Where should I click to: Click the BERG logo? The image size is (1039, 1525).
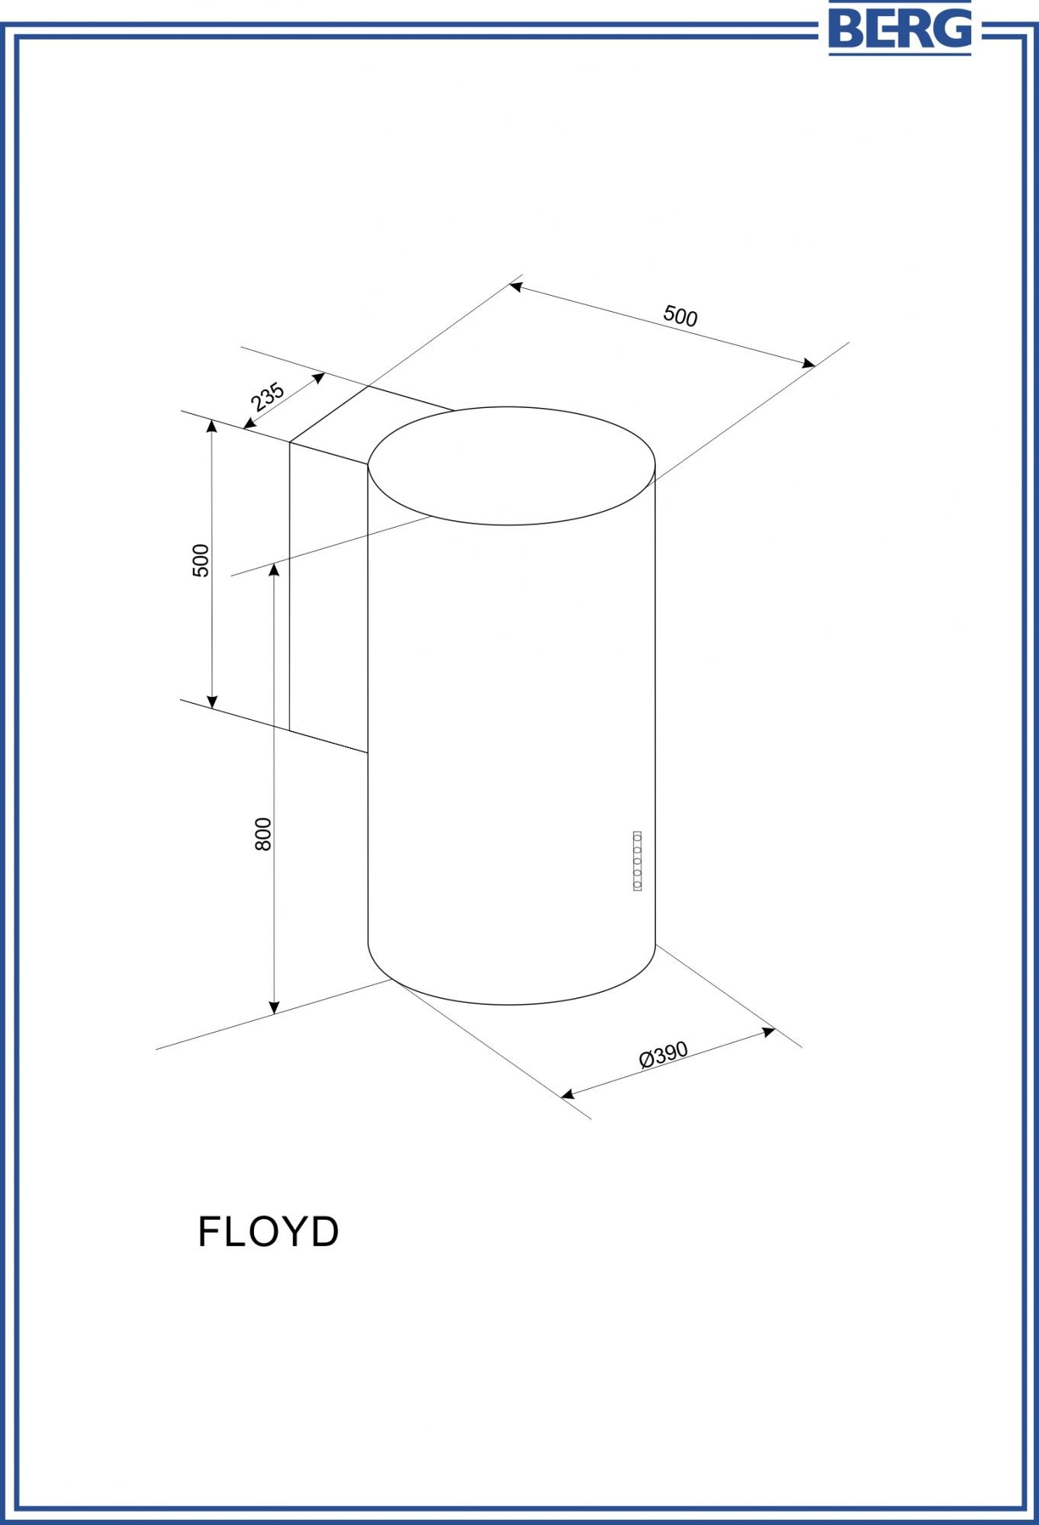[x=900, y=28]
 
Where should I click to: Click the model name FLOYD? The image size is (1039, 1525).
[x=269, y=1231]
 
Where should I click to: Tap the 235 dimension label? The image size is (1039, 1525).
[x=267, y=397]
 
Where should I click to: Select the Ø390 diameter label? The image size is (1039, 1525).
[x=664, y=1055]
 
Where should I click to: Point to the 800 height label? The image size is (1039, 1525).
[x=263, y=834]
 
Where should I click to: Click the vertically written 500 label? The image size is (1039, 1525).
[x=201, y=560]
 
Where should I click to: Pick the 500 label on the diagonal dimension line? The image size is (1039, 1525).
[x=680, y=316]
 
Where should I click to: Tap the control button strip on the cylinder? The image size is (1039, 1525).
[x=637, y=861]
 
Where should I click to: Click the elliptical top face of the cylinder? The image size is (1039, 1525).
[x=511, y=466]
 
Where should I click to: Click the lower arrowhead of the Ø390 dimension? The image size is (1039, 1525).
[x=568, y=1095]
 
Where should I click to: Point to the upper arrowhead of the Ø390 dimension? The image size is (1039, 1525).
[x=769, y=1032]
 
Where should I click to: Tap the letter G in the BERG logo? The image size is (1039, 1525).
[x=953, y=28]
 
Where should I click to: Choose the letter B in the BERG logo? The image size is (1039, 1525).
[x=846, y=28]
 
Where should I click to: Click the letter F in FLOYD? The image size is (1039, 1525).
[x=210, y=1231]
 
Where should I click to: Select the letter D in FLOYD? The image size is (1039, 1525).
[x=324, y=1231]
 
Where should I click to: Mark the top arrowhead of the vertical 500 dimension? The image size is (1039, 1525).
[x=213, y=426]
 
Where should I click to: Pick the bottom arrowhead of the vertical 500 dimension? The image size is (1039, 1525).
[x=213, y=701]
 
